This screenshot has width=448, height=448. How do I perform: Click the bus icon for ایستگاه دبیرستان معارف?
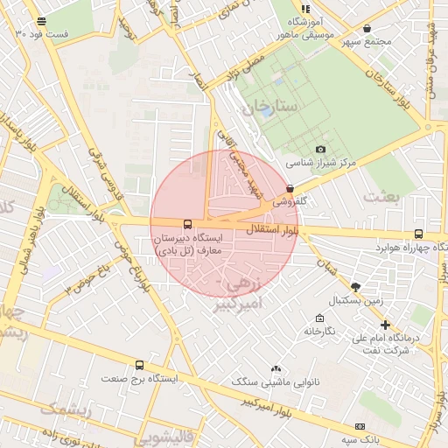pyautogui.click(x=186, y=224)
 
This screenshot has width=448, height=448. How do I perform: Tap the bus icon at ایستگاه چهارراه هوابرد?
pyautogui.click(x=418, y=234)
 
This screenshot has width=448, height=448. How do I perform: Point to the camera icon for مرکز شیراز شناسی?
pyautogui.click(x=320, y=150)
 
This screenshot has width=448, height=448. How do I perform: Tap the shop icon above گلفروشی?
pyautogui.click(x=290, y=188)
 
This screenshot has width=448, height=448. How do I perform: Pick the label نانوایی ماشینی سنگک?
pyautogui.click(x=276, y=382)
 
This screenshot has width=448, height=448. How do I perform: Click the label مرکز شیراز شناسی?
pyautogui.click(x=322, y=163)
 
